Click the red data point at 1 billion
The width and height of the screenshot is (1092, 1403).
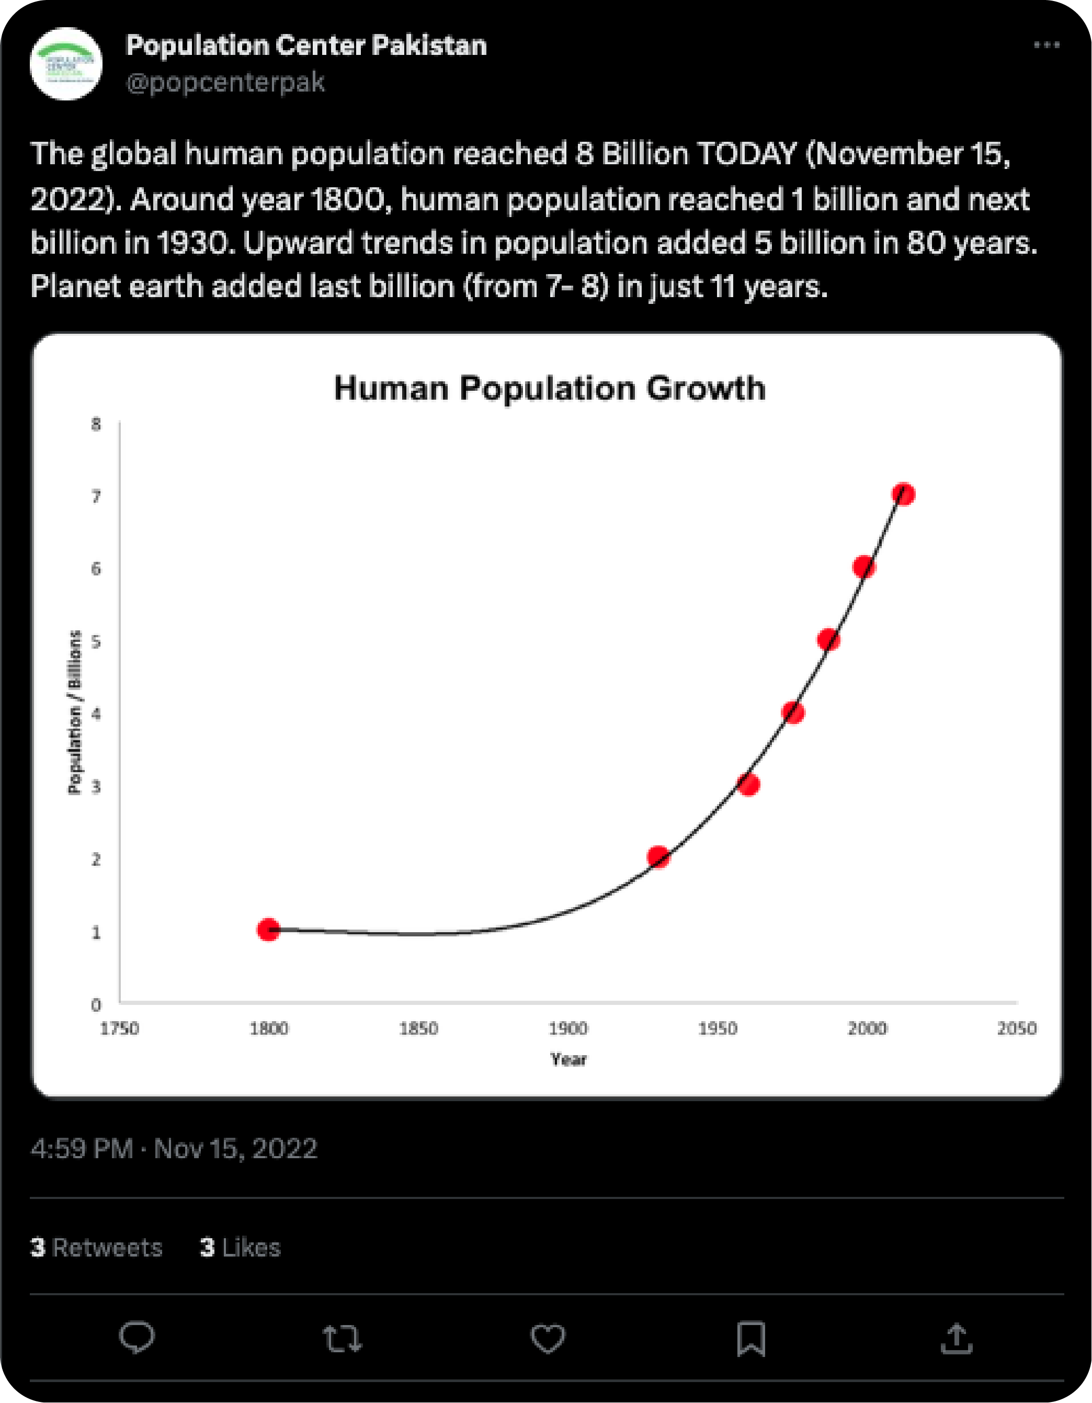(268, 929)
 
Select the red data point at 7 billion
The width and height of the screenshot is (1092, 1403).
(903, 494)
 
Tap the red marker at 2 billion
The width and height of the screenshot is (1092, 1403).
(658, 856)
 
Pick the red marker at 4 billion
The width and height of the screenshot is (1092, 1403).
(793, 712)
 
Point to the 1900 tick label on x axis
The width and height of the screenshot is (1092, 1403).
(568, 1028)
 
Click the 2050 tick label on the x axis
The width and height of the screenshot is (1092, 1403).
(1016, 1028)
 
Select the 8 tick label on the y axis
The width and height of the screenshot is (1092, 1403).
(96, 424)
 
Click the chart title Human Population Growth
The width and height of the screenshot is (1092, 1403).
(550, 389)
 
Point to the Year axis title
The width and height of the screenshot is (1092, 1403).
(568, 1059)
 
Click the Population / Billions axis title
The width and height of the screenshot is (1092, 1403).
(75, 712)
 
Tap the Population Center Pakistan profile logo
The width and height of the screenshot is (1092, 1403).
(66, 64)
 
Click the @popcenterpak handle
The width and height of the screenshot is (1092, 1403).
(225, 83)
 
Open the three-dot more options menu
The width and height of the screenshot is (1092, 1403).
(1046, 45)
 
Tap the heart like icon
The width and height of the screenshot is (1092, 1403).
(547, 1339)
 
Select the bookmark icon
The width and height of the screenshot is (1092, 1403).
(751, 1339)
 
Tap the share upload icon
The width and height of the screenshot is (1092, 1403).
(957, 1339)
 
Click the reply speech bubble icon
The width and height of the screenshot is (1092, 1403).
(137, 1338)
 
